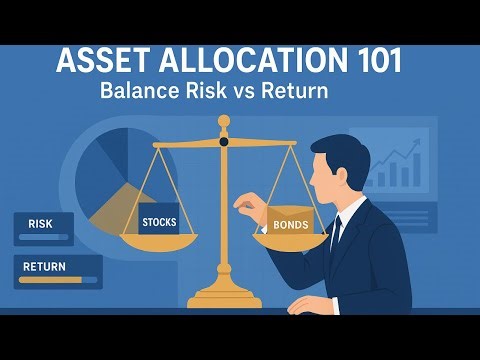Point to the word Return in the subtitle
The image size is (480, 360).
[x=292, y=90]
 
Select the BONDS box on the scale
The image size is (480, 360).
[x=289, y=223]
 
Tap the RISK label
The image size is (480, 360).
[x=41, y=224]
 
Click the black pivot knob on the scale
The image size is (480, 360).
[x=224, y=141]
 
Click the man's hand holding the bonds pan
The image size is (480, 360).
[x=244, y=207]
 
